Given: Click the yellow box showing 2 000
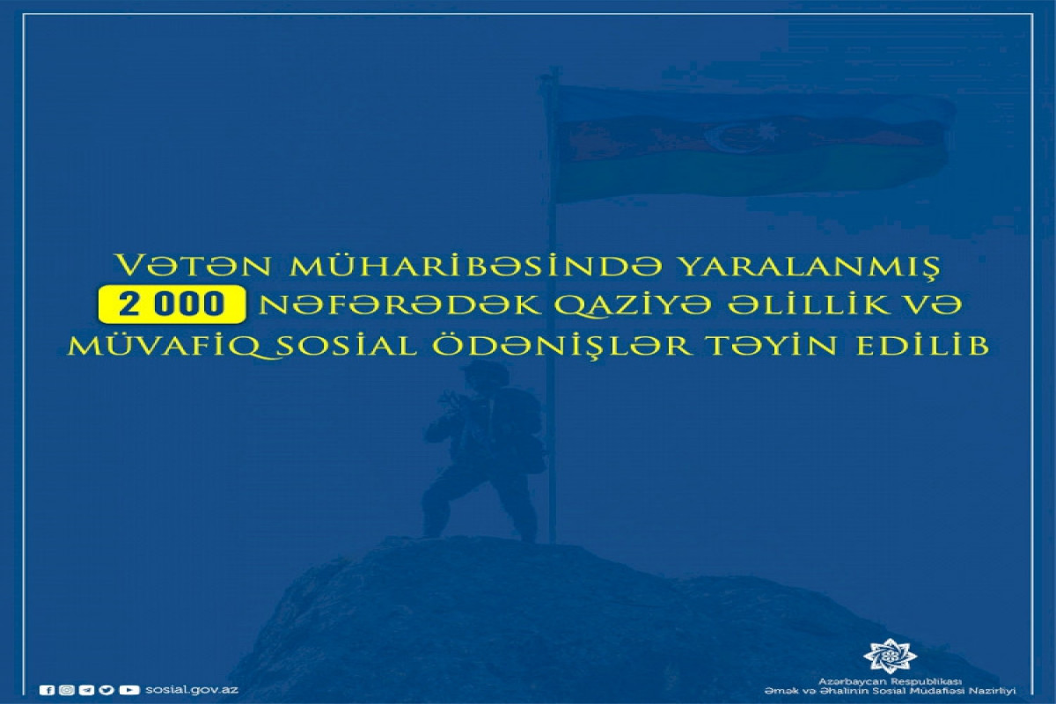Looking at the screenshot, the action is pyautogui.click(x=172, y=304).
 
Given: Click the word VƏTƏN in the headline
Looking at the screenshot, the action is pyautogui.click(x=194, y=266).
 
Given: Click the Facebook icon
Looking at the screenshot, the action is pyautogui.click(x=47, y=690).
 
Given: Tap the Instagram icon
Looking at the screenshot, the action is pyautogui.click(x=67, y=690).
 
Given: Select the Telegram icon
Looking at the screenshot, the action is pyautogui.click(x=87, y=690).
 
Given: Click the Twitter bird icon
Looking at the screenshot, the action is pyautogui.click(x=106, y=690).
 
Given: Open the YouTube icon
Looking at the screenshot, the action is pyautogui.click(x=129, y=690).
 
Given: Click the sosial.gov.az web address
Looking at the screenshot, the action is pyautogui.click(x=192, y=690).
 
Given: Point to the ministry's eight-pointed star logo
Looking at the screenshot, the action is pyautogui.click(x=890, y=656).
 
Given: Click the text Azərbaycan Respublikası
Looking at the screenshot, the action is pyautogui.click(x=890, y=682).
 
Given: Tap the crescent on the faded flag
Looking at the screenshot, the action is pyautogui.click(x=722, y=137).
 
